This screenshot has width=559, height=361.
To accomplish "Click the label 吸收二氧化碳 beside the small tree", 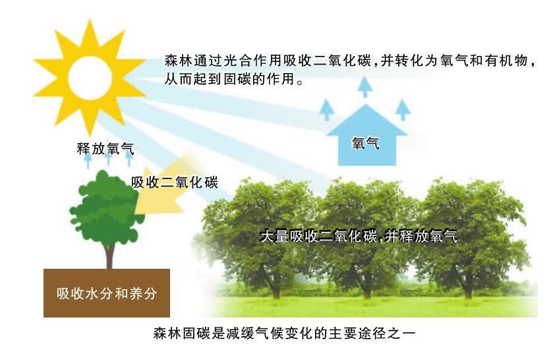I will click(174, 182).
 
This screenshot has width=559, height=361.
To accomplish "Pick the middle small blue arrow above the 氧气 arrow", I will click(363, 86).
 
